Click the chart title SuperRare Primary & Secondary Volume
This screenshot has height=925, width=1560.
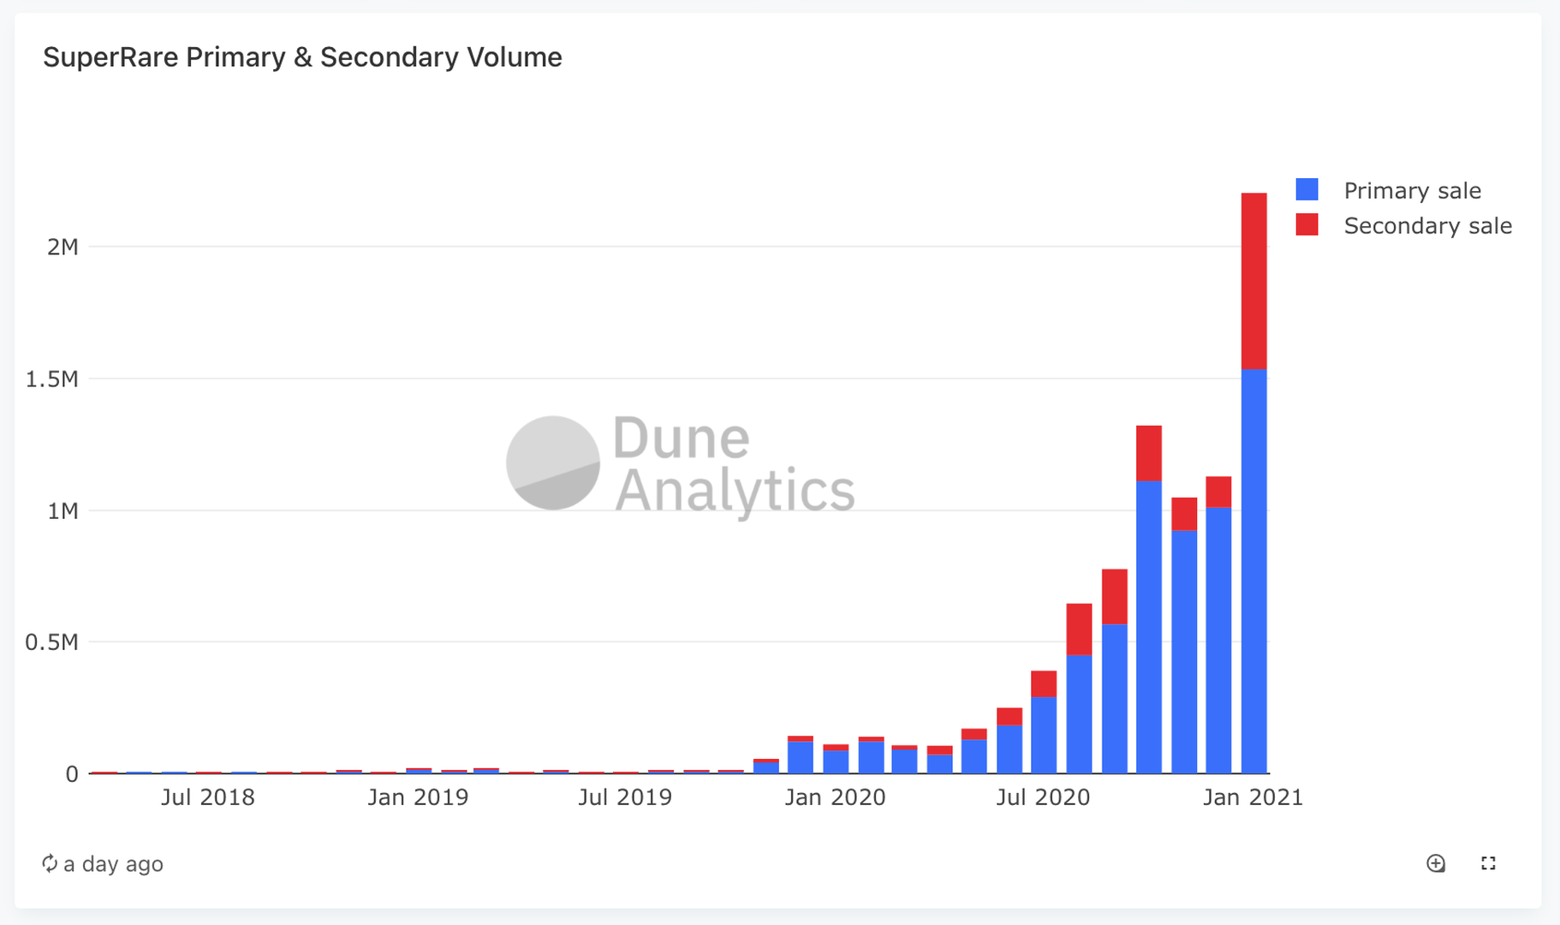point(302,57)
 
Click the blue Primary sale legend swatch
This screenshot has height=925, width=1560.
point(1307,189)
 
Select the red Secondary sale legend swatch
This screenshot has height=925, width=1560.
point(1307,224)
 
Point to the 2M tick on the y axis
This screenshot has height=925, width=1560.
point(63,248)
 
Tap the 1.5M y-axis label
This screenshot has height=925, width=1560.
point(51,379)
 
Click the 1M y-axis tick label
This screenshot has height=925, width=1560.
point(63,511)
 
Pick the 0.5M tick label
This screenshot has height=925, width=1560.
point(51,642)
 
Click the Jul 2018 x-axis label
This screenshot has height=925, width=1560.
point(208,797)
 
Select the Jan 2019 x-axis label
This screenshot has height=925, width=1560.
point(418,797)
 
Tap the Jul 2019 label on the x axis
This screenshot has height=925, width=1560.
point(625,797)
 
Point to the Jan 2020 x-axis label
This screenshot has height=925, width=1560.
point(835,797)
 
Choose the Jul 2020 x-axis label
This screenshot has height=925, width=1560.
point(1043,797)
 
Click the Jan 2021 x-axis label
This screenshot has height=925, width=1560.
point(1253,797)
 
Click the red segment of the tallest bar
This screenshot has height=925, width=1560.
point(1253,281)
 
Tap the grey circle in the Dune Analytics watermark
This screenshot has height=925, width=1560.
point(553,462)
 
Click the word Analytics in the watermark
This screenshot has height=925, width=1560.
point(735,491)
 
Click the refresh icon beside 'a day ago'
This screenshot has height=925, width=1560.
point(50,863)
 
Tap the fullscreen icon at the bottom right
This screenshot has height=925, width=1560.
point(1488,863)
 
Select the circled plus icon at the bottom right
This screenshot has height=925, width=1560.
point(1436,863)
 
